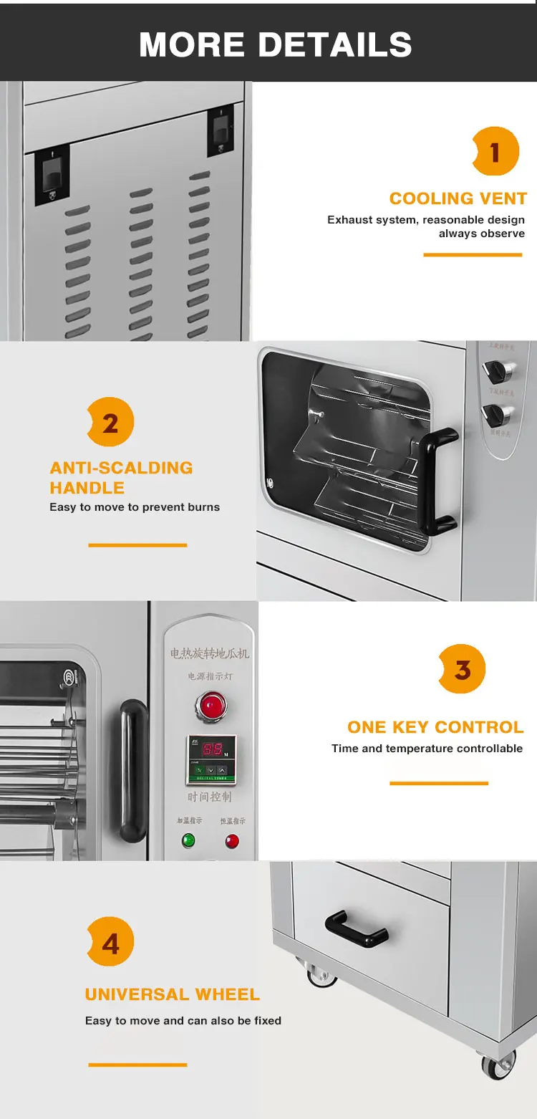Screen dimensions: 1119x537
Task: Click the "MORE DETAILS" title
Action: click(x=275, y=44)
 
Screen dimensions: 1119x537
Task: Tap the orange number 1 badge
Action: click(x=495, y=151)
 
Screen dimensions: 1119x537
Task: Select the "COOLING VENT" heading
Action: click(x=458, y=198)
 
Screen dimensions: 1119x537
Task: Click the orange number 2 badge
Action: click(x=110, y=423)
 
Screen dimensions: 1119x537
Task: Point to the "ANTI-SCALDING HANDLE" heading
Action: click(x=121, y=477)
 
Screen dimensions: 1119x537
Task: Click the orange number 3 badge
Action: click(x=463, y=669)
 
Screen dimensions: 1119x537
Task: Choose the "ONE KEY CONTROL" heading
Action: click(x=435, y=727)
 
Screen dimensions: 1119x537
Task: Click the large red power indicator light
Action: click(x=211, y=704)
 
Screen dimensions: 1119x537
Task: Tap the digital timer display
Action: click(x=211, y=750)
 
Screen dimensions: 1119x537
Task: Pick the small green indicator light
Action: click(x=188, y=840)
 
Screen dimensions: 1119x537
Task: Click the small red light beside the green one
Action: click(x=232, y=841)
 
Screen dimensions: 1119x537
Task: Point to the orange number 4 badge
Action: click(x=110, y=943)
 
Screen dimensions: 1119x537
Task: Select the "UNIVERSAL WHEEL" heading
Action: click(x=172, y=994)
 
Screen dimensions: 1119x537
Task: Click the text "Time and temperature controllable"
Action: click(x=427, y=749)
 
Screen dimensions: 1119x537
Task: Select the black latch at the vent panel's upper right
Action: click(x=220, y=131)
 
